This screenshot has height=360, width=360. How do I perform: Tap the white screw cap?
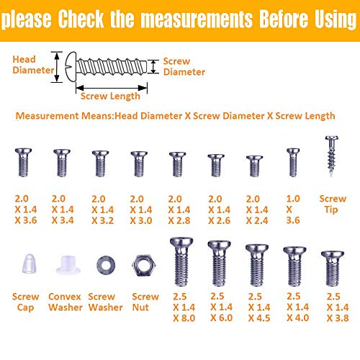[25, 266]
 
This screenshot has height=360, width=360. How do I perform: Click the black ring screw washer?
[103, 265]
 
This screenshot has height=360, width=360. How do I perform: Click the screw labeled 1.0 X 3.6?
[292, 163]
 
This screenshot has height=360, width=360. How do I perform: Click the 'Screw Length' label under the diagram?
[107, 96]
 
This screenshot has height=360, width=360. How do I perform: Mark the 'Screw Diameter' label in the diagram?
[184, 67]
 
